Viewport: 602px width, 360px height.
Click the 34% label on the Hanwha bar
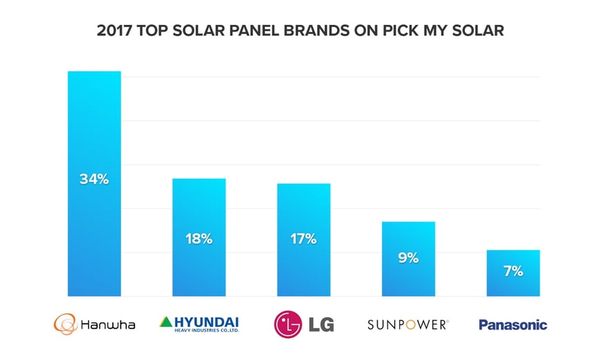94,179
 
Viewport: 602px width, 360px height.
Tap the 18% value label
199,239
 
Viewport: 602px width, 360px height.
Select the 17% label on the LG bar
303,239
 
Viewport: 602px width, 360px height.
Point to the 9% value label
408,258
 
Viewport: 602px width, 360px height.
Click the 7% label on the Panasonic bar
513,271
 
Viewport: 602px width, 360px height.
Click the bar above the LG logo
303,208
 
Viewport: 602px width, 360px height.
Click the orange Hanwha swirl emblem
66,324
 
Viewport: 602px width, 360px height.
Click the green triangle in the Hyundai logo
166,321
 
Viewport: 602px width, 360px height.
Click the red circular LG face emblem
288,324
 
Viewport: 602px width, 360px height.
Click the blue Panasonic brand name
513,324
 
